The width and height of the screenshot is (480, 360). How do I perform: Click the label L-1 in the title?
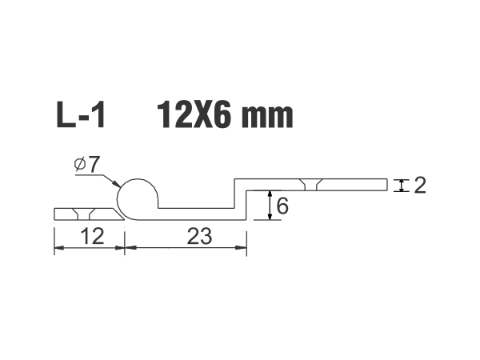(81, 115)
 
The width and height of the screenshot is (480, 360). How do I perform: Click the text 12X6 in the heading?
(194, 115)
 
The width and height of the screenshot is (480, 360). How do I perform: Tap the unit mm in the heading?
(267, 118)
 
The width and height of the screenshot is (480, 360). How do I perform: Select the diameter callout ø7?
(86, 165)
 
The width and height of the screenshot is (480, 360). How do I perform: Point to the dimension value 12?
(92, 236)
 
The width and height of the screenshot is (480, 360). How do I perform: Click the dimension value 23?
(199, 236)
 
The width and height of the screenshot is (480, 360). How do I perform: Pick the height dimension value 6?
(282, 206)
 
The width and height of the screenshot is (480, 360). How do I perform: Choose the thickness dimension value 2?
(420, 186)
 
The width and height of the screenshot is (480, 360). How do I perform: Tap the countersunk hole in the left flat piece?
(83, 214)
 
